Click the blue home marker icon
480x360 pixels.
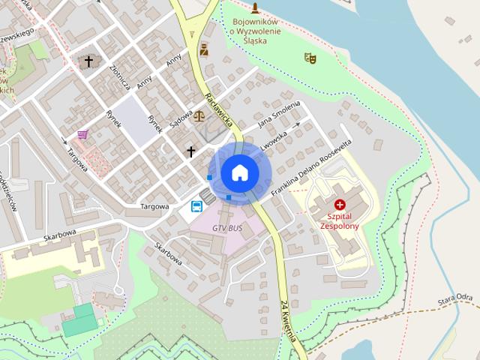(240, 172)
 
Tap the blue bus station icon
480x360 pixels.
(196, 205)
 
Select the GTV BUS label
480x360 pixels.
(227, 226)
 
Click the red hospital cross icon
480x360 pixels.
(340, 204)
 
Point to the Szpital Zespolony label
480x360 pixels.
(340, 220)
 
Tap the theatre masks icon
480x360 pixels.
(310, 58)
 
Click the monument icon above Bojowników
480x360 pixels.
(255, 8)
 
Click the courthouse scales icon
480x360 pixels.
(199, 115)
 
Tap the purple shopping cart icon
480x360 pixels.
(82, 134)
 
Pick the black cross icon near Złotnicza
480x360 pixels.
(88, 61)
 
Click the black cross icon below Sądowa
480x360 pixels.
(190, 151)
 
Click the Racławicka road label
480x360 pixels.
(219, 109)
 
